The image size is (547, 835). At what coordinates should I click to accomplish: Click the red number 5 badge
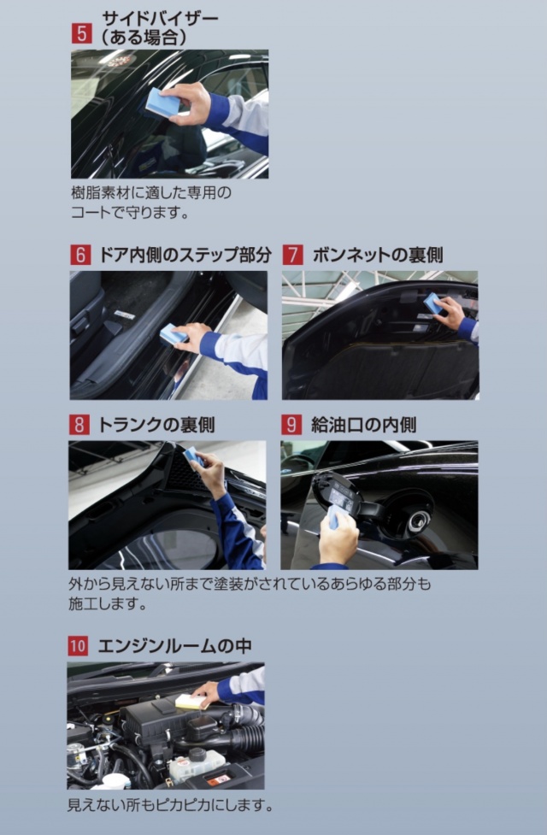pos(81,33)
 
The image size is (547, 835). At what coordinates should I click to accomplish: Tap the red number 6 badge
pos(80,255)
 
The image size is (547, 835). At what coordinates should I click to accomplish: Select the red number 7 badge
pos(293,255)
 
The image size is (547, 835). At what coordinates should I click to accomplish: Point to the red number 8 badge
pos(79,425)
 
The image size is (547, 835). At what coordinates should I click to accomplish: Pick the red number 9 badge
pos(291,425)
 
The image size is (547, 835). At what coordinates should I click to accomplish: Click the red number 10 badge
pos(78,646)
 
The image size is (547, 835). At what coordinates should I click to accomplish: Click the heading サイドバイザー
pos(159,19)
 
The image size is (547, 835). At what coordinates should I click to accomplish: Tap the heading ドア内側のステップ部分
pos(185,255)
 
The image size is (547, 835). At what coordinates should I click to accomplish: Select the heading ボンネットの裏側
pos(377,255)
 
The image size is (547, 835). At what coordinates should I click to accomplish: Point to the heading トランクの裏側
pos(156,425)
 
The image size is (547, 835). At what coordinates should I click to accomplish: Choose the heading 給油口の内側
pos(363,425)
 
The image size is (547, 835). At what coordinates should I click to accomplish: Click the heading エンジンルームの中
pos(174,646)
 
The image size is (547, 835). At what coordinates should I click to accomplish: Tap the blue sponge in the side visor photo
pos(162,102)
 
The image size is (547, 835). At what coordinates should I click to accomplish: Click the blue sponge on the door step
pos(174,334)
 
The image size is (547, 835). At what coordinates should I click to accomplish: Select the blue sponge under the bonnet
pos(432,303)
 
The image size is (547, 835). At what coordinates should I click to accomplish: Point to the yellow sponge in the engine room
pos(190,702)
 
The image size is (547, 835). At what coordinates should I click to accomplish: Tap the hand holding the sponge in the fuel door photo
pos(339,538)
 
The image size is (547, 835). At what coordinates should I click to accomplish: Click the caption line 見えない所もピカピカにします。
pos(170,804)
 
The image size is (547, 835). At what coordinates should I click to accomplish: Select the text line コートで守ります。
pos(131,213)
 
